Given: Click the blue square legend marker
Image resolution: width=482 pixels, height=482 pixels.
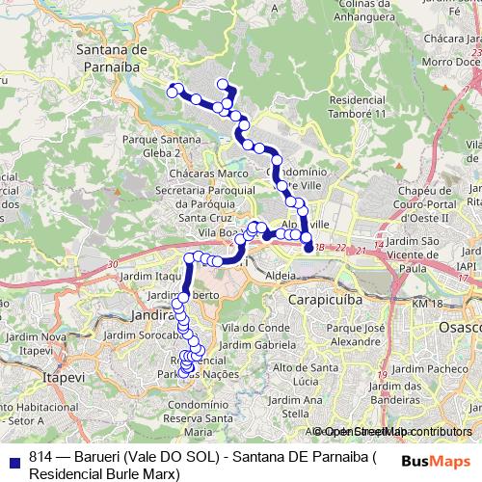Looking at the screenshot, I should coord(12,458).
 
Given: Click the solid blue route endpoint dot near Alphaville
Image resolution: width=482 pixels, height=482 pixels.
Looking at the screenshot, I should coord(309,248).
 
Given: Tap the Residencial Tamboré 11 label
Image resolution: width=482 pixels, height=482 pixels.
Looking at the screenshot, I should coord(362,107).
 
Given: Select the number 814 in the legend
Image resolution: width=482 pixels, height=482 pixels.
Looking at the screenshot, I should coord(40,458).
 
